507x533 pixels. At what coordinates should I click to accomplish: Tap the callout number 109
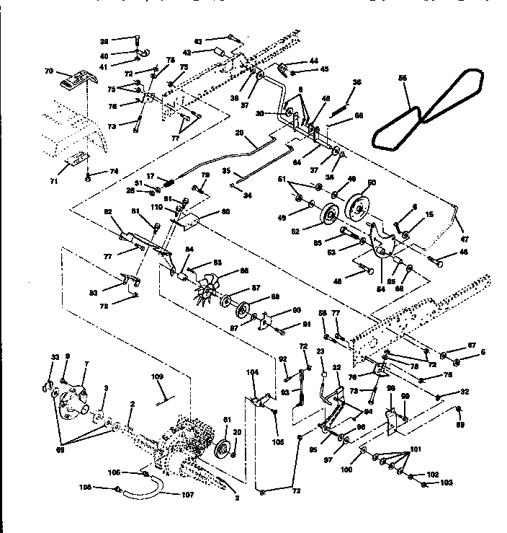pyautogui.click(x=158, y=376)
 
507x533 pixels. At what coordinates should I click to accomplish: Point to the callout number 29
pyautogui.click(x=239, y=133)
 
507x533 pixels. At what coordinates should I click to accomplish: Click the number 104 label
pyautogui.click(x=252, y=373)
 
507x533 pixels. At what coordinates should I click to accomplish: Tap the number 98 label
pyautogui.click(x=391, y=389)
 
